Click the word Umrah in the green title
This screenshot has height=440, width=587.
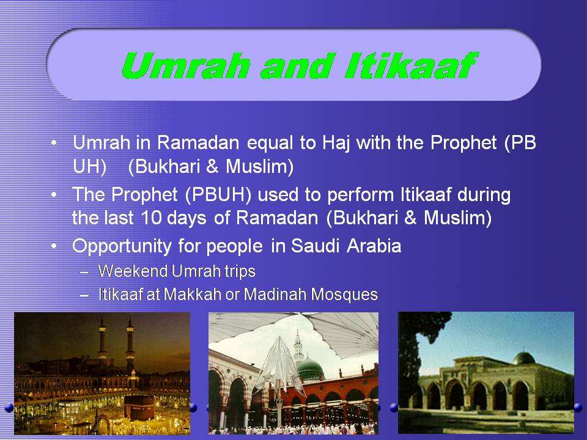(x=186, y=65)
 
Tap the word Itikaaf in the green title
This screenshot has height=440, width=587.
(x=410, y=65)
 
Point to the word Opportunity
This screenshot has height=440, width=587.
(x=122, y=247)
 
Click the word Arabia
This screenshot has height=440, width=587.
(x=374, y=246)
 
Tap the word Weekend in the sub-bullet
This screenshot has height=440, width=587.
(x=133, y=271)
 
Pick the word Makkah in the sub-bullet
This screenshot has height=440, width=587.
(x=193, y=295)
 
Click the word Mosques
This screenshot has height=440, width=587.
(x=344, y=295)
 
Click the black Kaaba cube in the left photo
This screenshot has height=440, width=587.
(x=139, y=407)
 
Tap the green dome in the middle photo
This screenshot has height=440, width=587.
(x=311, y=369)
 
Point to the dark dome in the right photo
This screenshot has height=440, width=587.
(x=524, y=359)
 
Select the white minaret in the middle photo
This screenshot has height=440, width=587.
(x=298, y=346)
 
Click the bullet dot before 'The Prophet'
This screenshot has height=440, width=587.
(x=54, y=195)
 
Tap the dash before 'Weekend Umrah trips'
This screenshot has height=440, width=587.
(x=84, y=272)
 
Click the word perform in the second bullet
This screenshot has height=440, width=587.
(x=360, y=196)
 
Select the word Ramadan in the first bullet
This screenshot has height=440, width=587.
(x=198, y=143)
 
